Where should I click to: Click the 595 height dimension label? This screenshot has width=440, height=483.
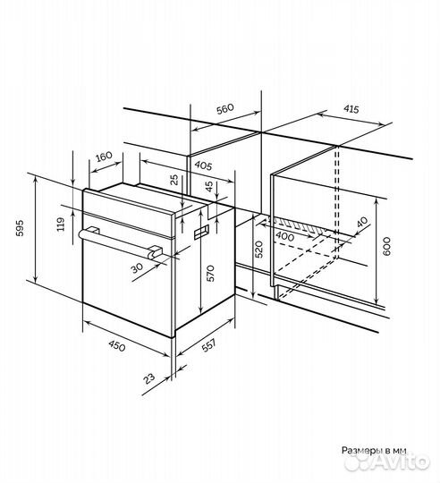coord(20,228)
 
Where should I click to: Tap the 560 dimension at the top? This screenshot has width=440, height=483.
coord(225,109)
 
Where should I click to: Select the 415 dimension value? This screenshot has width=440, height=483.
coord(351,109)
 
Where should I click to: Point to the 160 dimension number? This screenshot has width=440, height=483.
coord(104,157)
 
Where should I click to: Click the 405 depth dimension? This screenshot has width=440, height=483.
coord(203,166)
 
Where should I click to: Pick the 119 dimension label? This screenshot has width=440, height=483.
coord(61,225)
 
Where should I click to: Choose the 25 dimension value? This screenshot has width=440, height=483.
coord(174,180)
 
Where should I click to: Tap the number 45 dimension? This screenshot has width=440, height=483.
coord(209,186)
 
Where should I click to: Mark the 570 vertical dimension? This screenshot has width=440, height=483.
coord(210,273)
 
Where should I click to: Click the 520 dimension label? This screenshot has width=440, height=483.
coord(259,250)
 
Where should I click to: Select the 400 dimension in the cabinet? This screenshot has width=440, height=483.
coord(284,236)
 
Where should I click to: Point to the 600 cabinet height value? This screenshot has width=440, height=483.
coord(386,246)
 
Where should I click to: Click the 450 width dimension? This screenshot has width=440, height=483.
coord(116,346)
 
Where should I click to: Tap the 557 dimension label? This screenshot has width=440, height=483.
coord(208,345)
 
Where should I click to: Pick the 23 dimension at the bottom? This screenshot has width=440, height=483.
coord(149,378)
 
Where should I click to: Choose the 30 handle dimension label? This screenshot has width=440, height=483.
coord(138,267)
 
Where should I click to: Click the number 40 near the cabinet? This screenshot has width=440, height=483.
coord(362,222)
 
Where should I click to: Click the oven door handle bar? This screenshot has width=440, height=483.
coord(120,242)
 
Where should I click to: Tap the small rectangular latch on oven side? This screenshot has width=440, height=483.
coord(201,232)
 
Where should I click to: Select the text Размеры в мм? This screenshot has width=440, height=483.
coord(374,450)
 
